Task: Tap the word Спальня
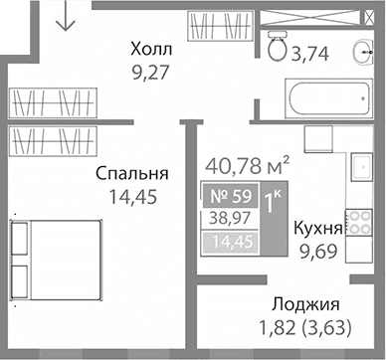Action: coord(130,173)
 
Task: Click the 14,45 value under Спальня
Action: coord(130,197)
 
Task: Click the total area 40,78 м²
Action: coord(247,161)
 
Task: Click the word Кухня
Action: coord(318,228)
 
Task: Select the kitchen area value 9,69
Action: coord(321,252)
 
